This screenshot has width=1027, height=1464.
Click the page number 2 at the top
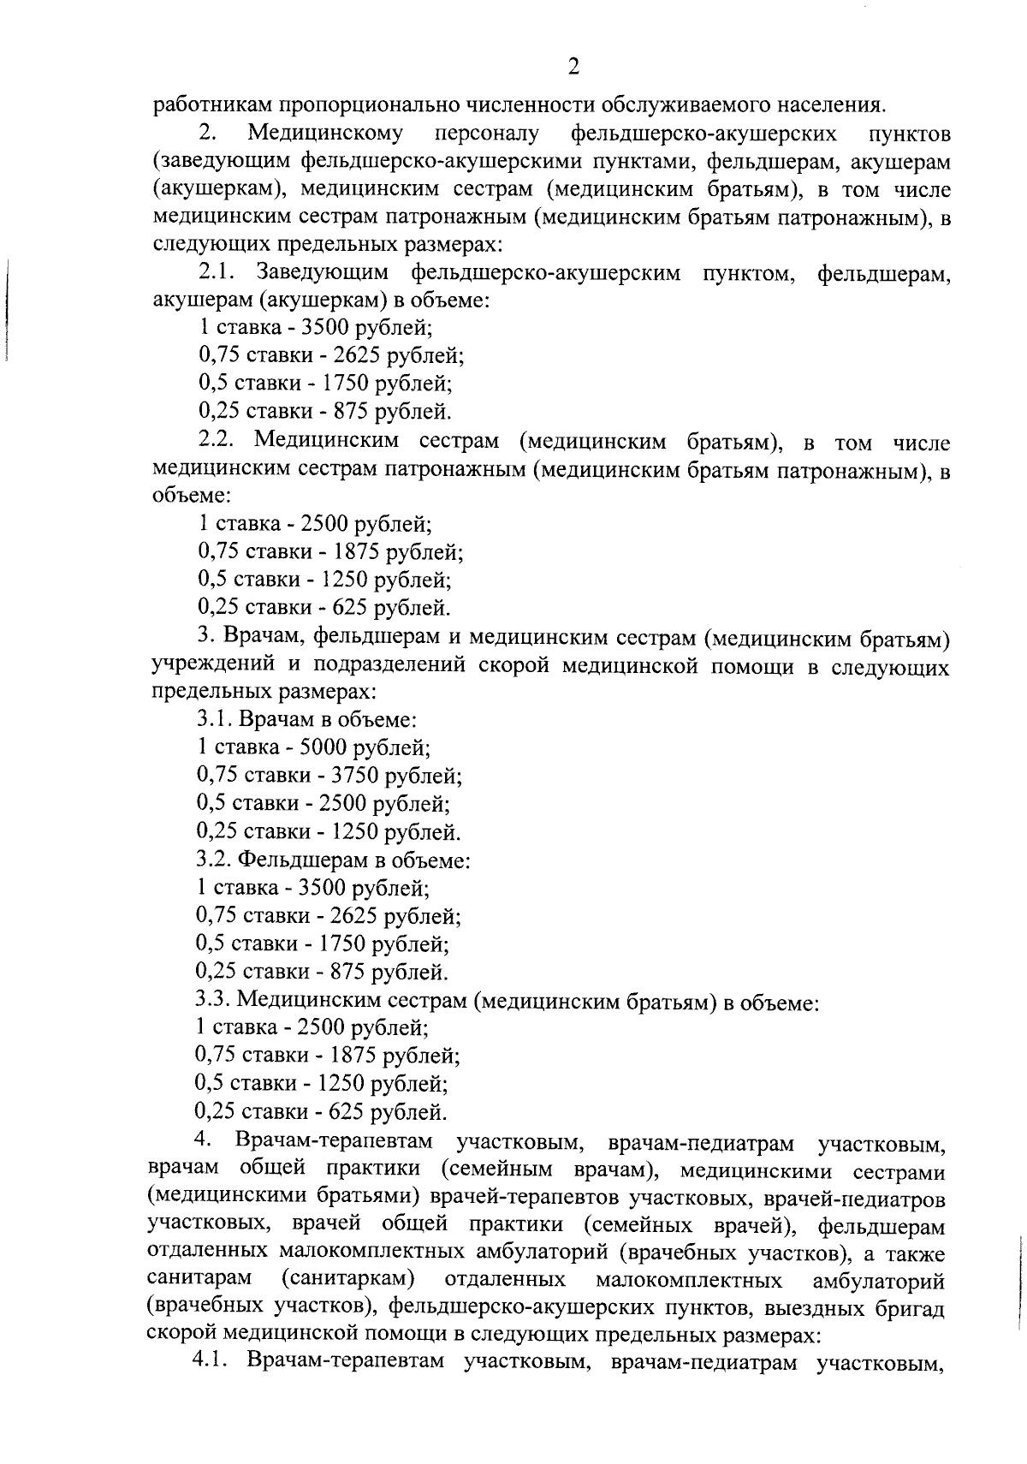pyautogui.click(x=573, y=67)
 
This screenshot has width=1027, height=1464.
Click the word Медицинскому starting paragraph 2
pyautogui.click(x=325, y=134)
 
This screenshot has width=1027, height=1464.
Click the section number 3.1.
pyautogui.click(x=215, y=719)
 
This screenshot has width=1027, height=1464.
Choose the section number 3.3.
pyautogui.click(x=213, y=999)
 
